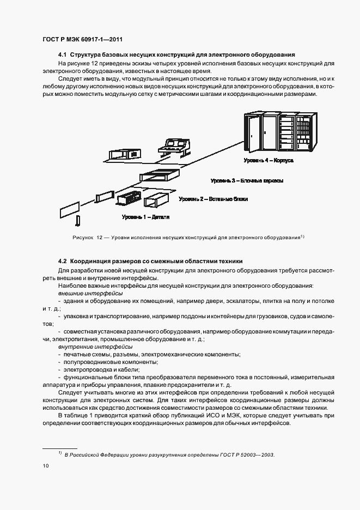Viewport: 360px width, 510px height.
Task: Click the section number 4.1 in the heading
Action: (62, 55)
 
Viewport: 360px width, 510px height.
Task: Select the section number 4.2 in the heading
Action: (62, 262)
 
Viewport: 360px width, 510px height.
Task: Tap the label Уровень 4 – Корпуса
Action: (269, 161)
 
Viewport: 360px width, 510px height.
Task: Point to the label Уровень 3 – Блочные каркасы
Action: (247, 180)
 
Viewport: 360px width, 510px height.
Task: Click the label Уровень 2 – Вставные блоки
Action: (214, 199)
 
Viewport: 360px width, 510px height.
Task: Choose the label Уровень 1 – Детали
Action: (145, 217)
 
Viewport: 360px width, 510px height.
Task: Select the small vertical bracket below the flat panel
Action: (78, 221)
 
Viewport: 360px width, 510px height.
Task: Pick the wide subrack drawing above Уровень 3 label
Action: (160, 175)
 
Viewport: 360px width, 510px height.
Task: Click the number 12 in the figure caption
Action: (100, 238)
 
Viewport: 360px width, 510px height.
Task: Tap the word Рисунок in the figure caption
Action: (82, 238)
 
